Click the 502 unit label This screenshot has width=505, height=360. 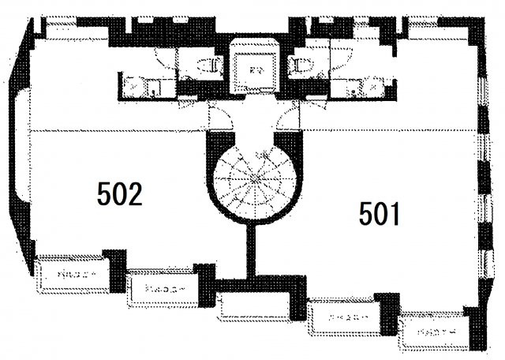coord(119,193)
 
